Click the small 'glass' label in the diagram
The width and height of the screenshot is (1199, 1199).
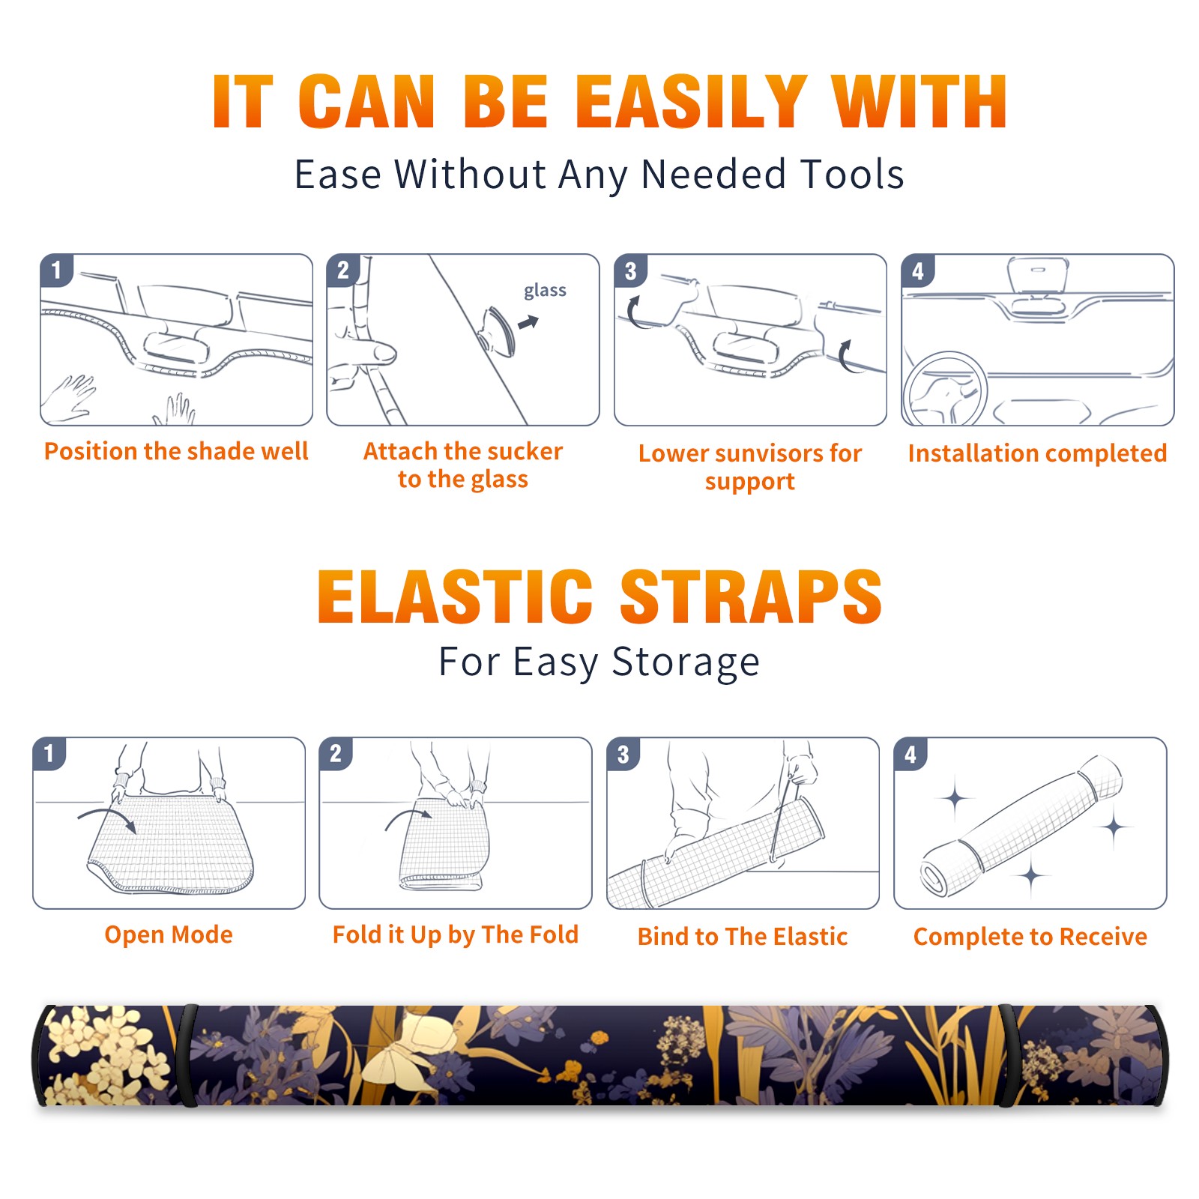pos(545,290)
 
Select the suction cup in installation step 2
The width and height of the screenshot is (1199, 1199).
pos(497,330)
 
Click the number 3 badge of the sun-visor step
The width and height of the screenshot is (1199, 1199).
pos(630,271)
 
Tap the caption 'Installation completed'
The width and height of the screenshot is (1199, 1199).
pos(1037,453)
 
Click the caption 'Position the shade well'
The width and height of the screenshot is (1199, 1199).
pos(176,451)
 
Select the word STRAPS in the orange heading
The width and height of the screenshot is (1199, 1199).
pos(751,597)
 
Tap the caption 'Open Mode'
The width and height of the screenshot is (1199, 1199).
pos(169,934)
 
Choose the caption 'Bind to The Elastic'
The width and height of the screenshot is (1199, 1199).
pos(743,936)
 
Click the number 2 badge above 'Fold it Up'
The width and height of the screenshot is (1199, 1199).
pos(336,753)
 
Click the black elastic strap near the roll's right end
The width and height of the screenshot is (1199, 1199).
pos(1009,1055)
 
